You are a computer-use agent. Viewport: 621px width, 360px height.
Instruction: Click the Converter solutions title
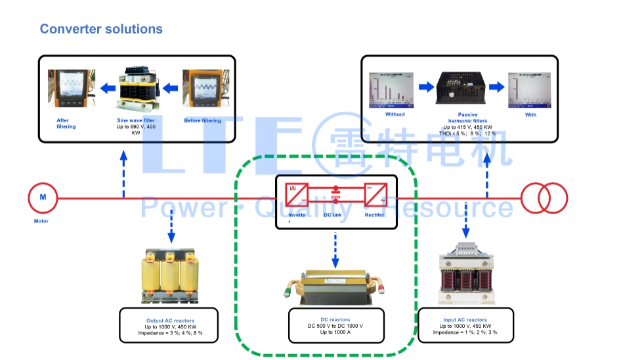(101, 29)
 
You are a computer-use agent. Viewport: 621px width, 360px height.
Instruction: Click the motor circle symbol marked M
(43, 197)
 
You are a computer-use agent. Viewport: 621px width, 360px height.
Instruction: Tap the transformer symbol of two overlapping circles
(544, 197)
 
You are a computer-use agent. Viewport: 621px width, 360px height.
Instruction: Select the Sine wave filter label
(136, 121)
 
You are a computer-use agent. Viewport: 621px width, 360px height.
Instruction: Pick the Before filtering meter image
(205, 89)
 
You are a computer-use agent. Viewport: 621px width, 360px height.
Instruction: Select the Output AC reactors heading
(170, 321)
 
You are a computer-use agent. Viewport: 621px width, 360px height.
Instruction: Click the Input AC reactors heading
(465, 320)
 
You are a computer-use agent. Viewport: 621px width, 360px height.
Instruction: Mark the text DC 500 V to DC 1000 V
(335, 326)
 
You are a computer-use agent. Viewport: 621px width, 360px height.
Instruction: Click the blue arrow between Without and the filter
(426, 86)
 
